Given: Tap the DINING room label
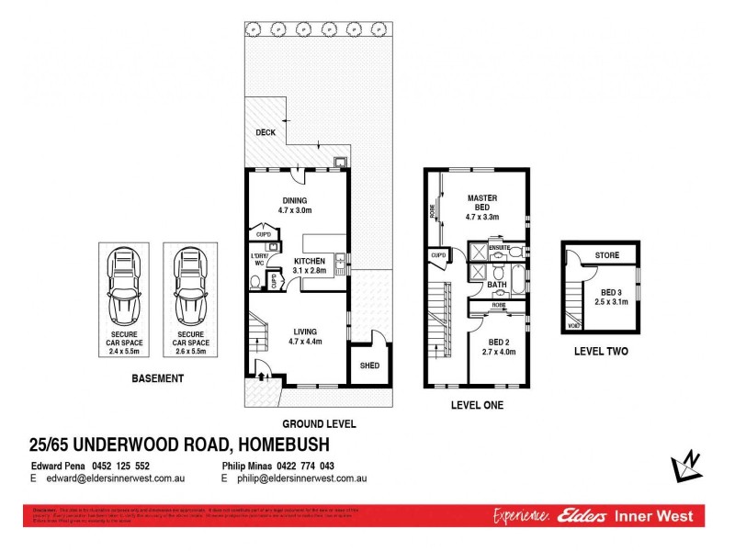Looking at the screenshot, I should point(295,201).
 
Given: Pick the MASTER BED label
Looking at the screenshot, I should point(481,202).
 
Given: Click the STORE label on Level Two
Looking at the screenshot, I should point(606,255).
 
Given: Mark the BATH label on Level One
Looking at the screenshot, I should point(497,286).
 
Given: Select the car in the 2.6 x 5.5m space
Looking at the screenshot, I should point(189,286).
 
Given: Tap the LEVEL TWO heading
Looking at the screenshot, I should point(601,351).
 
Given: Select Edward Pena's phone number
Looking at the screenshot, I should point(119,466).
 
